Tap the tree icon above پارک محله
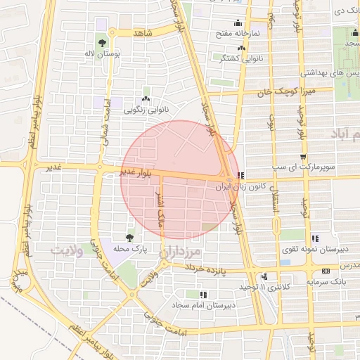(129, 238)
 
